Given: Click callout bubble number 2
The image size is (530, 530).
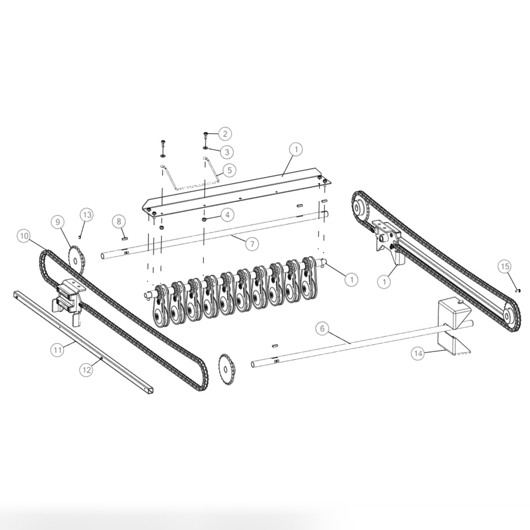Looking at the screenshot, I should pos(224,134).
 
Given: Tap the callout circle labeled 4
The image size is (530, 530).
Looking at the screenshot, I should pos(227,215).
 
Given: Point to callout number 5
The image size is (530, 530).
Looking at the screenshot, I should pos(229,170).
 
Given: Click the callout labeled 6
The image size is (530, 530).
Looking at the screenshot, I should pos(322,328).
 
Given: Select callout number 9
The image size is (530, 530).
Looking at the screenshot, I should pos(58,221).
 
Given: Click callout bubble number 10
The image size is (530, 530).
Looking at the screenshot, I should pos(24,236).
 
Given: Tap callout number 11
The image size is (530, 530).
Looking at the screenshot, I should pos(57,349).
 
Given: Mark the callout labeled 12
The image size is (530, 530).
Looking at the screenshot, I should pos(85,370).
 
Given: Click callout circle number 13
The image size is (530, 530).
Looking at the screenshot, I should pos(87,215).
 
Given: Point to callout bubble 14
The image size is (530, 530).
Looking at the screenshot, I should pos(418,353).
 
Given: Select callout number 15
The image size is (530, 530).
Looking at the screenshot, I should pos(504,266).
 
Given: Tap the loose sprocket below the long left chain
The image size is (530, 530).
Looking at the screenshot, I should pos(227,370).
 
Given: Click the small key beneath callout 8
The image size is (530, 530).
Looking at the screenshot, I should pos(125,237).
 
